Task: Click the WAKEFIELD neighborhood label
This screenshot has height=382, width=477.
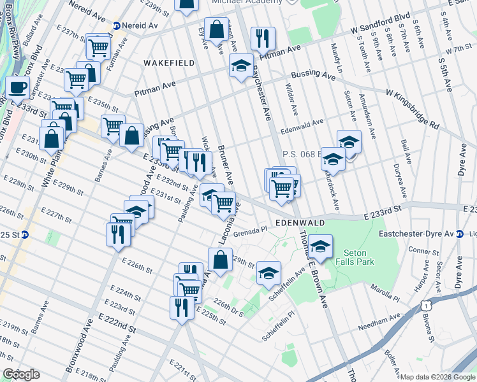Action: [163, 63]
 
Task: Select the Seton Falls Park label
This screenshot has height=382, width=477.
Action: [358, 258]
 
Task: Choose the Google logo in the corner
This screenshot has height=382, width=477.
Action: [21, 374]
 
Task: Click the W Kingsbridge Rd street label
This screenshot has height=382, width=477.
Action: [412, 108]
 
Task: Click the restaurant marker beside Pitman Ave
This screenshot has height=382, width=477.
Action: [263, 38]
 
